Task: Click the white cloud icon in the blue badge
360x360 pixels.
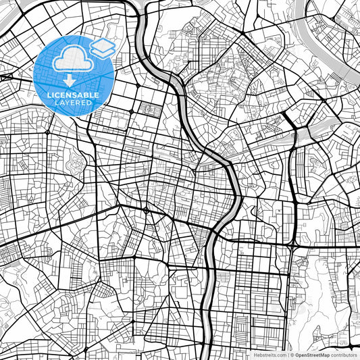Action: [73, 59]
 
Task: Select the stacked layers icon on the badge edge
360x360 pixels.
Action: [103, 47]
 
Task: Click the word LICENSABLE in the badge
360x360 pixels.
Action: [72, 95]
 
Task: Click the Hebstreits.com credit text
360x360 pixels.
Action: [269, 355]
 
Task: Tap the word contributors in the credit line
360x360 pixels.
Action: [344, 355]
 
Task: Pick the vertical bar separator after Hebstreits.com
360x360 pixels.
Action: [287, 355]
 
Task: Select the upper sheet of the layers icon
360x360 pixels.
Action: [103, 44]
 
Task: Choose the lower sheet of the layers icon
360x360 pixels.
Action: [103, 51]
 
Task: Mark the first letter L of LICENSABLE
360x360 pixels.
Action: [48, 95]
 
